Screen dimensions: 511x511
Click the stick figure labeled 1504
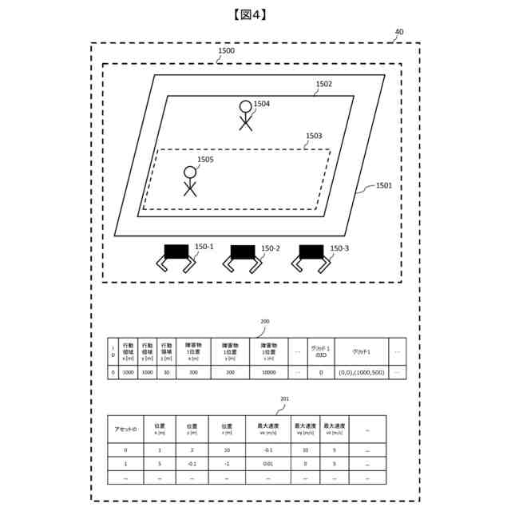tap(245, 115)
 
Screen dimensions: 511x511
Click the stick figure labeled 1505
tap(190, 181)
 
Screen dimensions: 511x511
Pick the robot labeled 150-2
tap(243, 258)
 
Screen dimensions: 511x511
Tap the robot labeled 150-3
tap(311, 258)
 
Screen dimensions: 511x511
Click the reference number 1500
tap(226, 50)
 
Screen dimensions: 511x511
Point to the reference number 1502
tap(324, 84)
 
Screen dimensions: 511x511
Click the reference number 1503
tap(314, 136)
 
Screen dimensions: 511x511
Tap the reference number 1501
tap(384, 185)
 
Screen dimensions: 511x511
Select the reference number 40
tap(399, 33)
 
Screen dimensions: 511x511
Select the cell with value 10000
tap(268, 372)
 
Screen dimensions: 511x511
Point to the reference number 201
tap(285, 398)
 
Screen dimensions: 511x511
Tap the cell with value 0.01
tap(267, 463)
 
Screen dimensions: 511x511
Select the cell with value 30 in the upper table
tap(166, 372)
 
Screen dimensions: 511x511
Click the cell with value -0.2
tap(267, 450)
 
